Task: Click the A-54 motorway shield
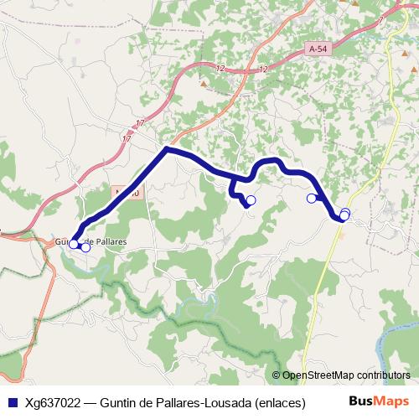[x=317, y=49]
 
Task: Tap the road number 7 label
[x=380, y=18]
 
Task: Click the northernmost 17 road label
[x=140, y=123]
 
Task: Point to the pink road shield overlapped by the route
[x=126, y=192]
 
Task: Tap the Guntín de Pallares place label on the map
[x=92, y=241]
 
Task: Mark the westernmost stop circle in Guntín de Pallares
[x=73, y=244]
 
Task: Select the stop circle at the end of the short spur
[x=251, y=199]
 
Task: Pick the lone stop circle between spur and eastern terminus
[x=311, y=199]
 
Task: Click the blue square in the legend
[x=12, y=401]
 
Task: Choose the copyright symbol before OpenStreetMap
[x=276, y=375]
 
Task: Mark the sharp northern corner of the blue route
[x=168, y=149]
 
